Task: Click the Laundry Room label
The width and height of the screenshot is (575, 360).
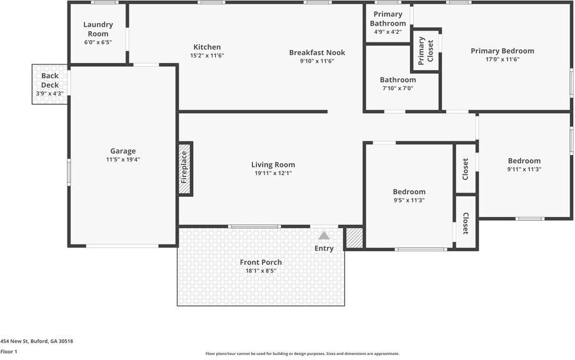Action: pyautogui.click(x=98, y=29)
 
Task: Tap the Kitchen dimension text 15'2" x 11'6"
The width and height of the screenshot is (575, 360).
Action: pyautogui.click(x=207, y=56)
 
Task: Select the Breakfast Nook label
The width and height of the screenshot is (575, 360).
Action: pyautogui.click(x=317, y=52)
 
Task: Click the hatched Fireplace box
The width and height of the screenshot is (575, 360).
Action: pyautogui.click(x=185, y=169)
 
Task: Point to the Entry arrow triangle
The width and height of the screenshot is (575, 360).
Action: pyautogui.click(x=324, y=236)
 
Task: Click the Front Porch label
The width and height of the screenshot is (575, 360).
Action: pyautogui.click(x=261, y=262)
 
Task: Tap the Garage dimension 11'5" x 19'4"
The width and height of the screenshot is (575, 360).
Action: pyautogui.click(x=123, y=159)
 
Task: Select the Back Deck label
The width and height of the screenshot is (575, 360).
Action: pyautogui.click(x=50, y=81)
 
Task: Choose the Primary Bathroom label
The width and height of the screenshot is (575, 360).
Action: pyautogui.click(x=387, y=19)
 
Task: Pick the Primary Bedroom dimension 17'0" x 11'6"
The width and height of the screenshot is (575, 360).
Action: pyautogui.click(x=502, y=59)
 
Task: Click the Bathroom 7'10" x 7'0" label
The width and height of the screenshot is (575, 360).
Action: pyautogui.click(x=397, y=80)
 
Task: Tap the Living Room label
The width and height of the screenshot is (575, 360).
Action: pyautogui.click(x=273, y=165)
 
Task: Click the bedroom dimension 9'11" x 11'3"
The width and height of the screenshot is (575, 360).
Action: pyautogui.click(x=524, y=169)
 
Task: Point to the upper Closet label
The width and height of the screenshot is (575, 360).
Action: pyautogui.click(x=466, y=169)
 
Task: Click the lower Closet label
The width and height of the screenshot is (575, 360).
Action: pyautogui.click(x=466, y=223)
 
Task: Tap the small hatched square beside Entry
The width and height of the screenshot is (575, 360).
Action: pyautogui.click(x=354, y=238)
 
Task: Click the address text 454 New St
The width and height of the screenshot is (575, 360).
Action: pyautogui.click(x=36, y=341)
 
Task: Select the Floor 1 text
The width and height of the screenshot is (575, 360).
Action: pyautogui.click(x=9, y=352)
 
